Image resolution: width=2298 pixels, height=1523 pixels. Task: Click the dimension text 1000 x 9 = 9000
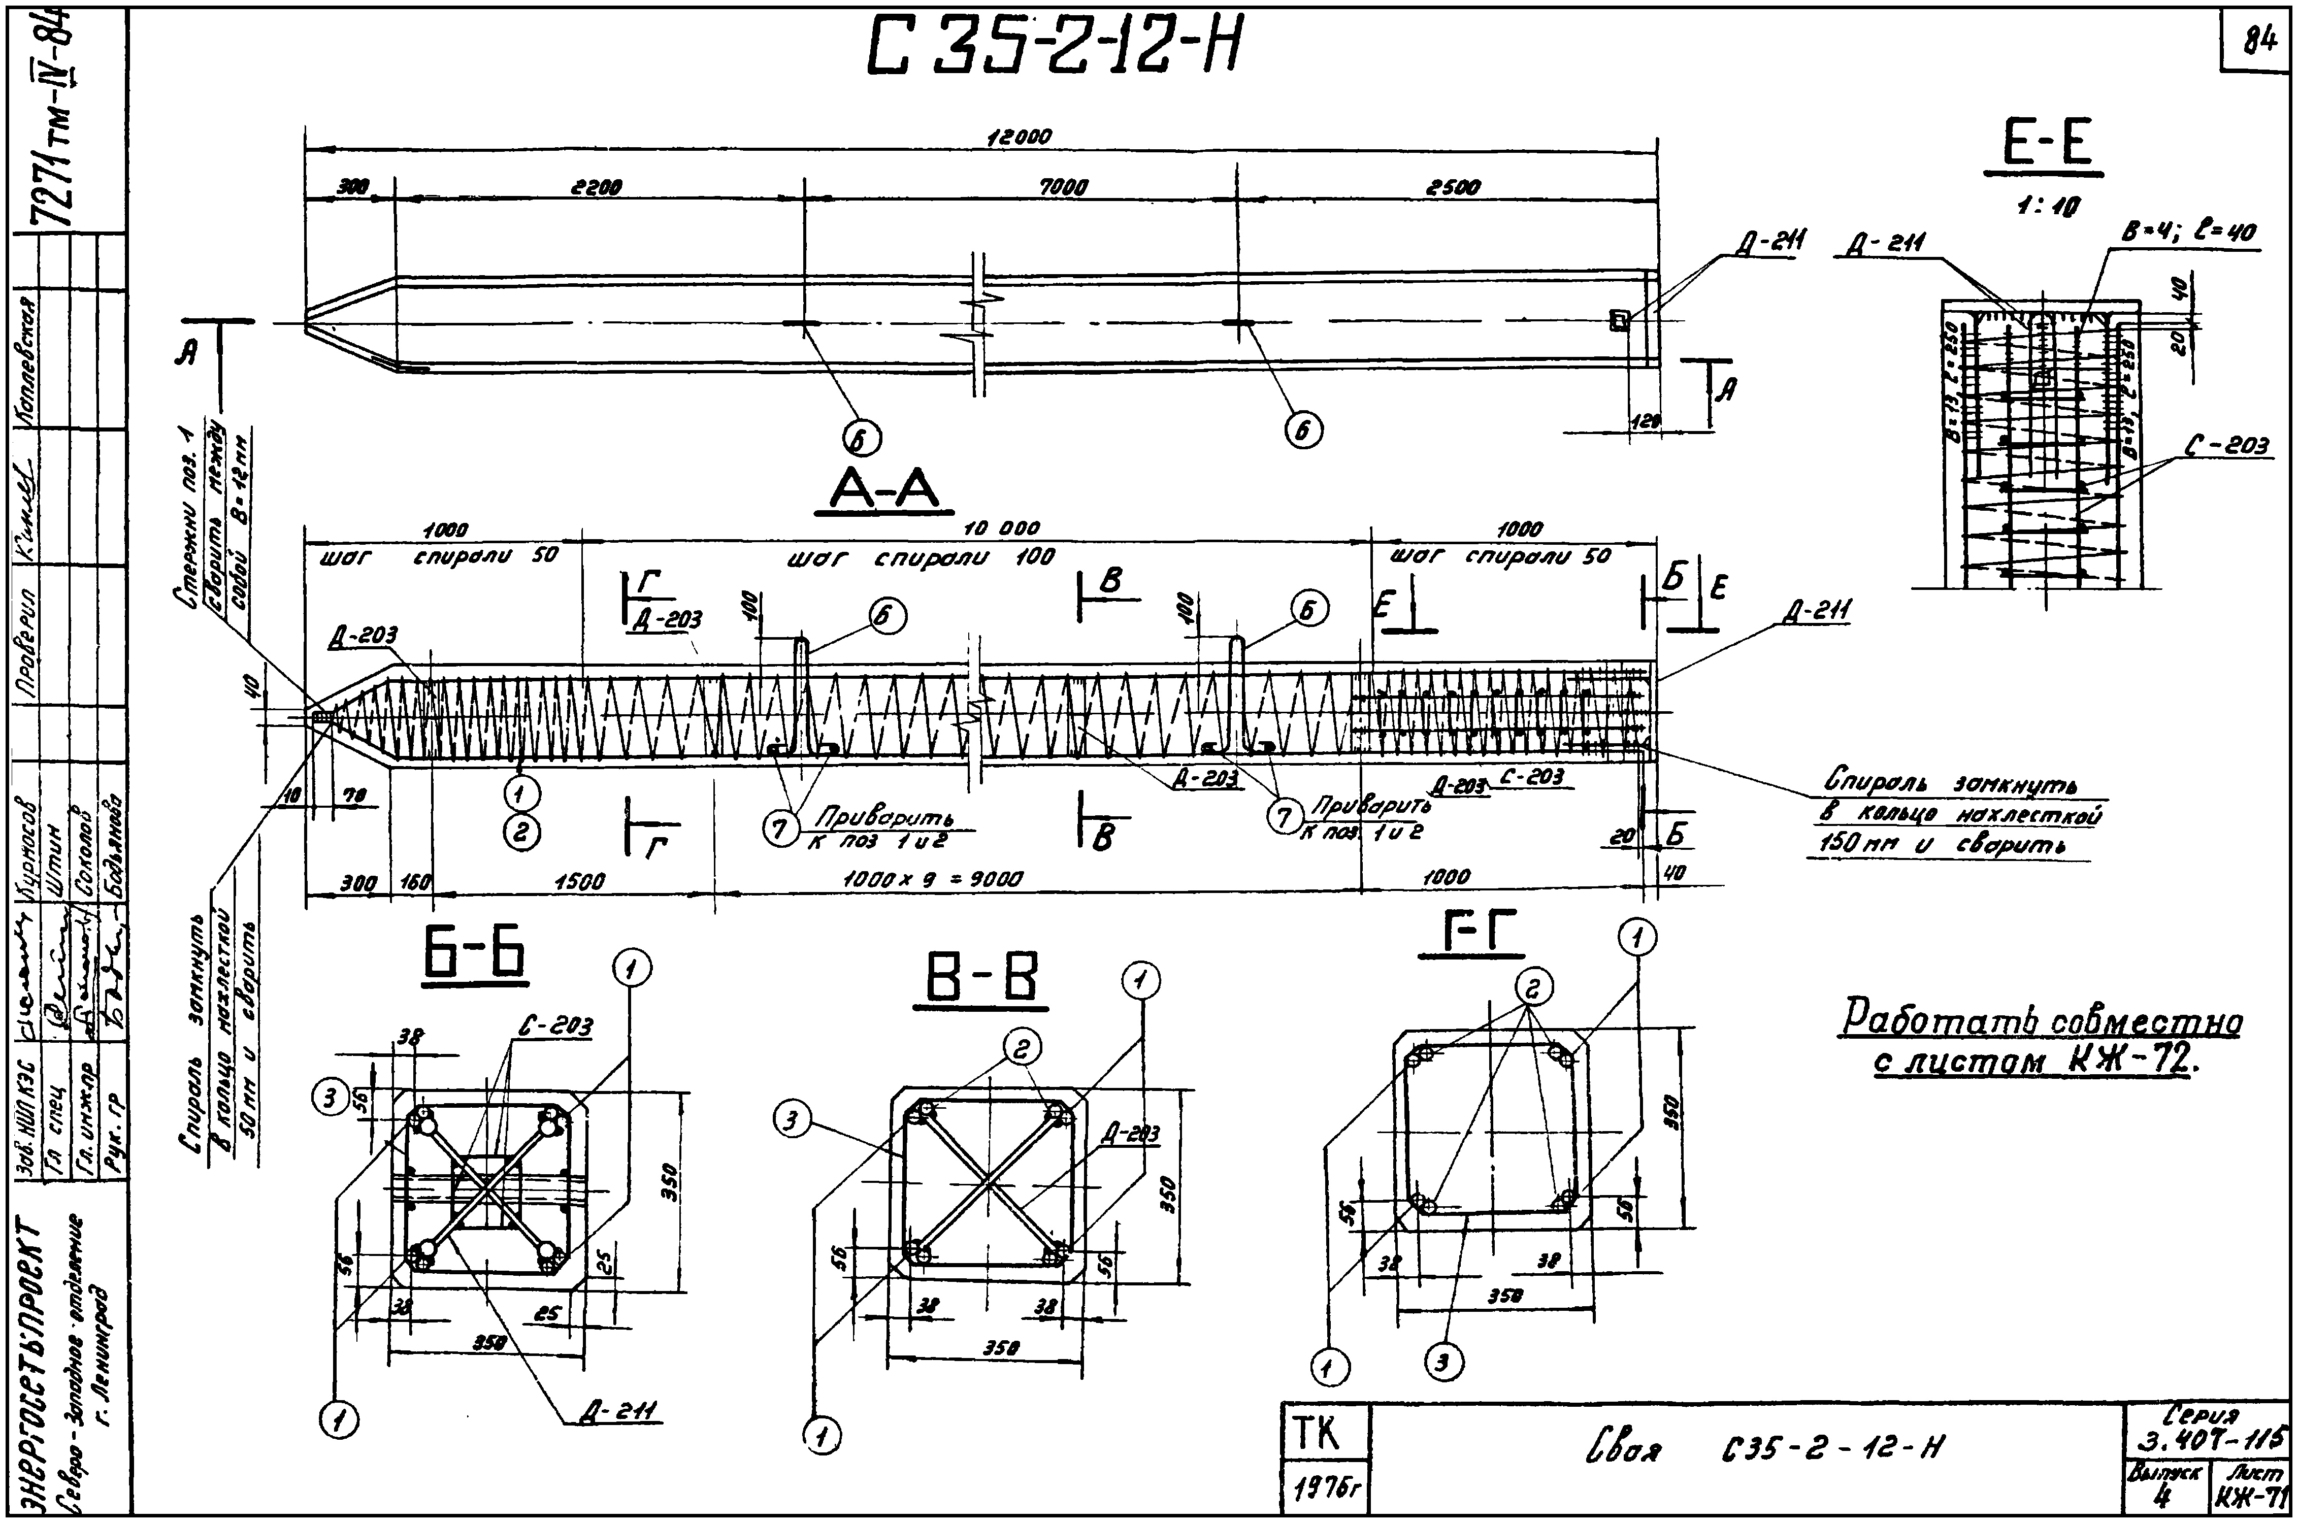(x=932, y=880)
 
